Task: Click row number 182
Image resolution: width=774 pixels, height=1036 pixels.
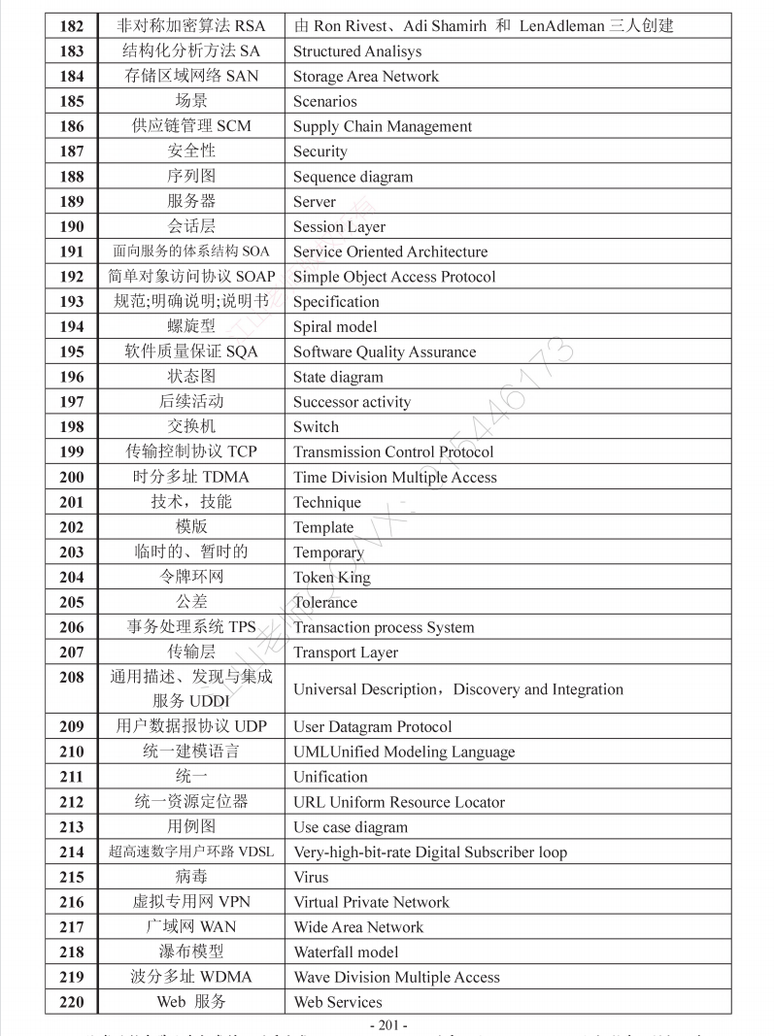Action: coord(71,26)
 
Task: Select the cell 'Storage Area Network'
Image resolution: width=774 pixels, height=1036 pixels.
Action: coord(365,77)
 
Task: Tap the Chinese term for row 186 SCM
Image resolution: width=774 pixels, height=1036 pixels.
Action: coord(191,126)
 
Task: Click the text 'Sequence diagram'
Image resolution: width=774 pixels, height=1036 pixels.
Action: coord(353,177)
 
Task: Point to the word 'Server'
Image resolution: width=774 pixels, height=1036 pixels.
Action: coord(315,202)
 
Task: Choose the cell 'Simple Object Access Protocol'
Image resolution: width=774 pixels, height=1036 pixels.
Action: coord(393,277)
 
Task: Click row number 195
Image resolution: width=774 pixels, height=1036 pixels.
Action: coord(71,352)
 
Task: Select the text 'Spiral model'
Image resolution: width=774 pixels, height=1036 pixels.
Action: coord(335,327)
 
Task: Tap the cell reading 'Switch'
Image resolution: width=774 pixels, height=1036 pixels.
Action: coord(316,427)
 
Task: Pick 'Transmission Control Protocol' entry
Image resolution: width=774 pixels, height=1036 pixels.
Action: coord(393,452)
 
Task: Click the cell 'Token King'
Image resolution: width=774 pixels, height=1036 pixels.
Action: coord(331,578)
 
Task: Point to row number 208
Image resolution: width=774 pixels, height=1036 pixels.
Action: coord(71,678)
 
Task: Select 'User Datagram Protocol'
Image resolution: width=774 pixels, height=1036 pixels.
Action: coord(372,727)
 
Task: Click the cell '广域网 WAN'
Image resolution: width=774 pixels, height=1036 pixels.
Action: coord(191,927)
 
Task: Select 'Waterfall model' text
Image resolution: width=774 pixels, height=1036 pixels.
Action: coord(346,952)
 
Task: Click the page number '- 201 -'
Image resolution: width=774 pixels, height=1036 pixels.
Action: coord(388,1025)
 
